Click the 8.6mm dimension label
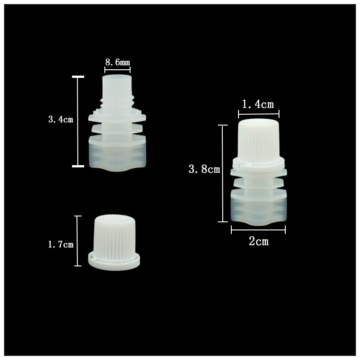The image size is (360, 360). tap(117, 63)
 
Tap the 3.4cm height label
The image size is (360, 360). tap(60, 120)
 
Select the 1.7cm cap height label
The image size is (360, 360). tap(60, 244)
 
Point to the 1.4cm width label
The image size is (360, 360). tap(258, 104)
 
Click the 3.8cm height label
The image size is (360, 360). tap(204, 169)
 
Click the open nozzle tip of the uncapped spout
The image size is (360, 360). tap(117, 83)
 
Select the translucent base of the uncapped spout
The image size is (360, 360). tap(117, 155)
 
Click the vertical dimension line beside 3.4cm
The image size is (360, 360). tap(78, 121)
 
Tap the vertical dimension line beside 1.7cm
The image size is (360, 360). tap(78, 241)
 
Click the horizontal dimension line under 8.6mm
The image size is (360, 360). tap(117, 69)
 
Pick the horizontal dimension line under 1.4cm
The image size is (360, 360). tap(258, 113)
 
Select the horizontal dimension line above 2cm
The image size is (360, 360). tap(258, 230)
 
